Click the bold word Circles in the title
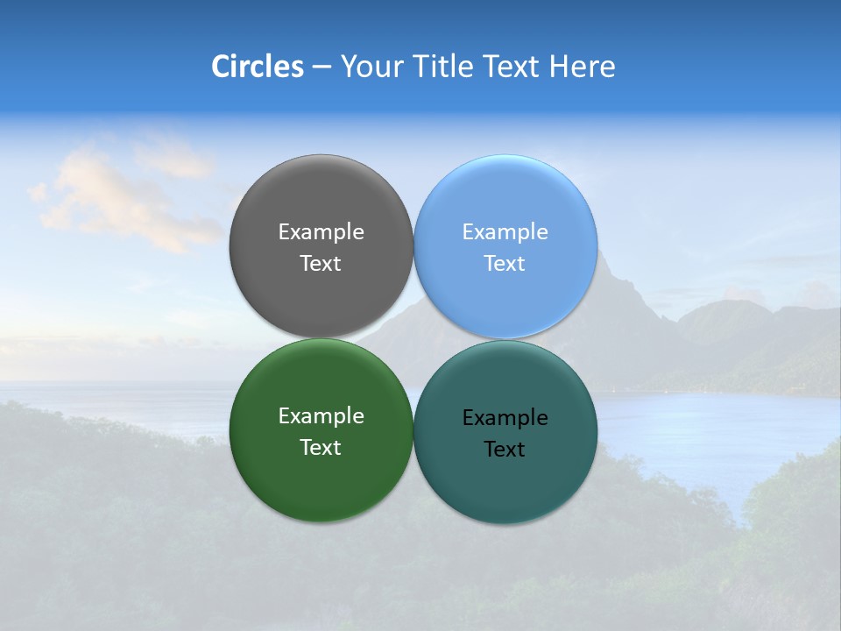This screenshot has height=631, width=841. point(258,67)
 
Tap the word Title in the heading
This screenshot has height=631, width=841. point(442,67)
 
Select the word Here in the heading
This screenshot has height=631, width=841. point(582,67)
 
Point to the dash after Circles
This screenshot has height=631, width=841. point(322,67)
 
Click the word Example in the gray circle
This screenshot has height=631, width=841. point(321,232)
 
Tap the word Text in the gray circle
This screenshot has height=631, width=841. point(321,264)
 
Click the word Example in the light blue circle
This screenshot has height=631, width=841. point(505,232)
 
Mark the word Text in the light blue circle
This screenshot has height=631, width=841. point(505,264)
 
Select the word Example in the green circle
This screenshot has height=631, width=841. point(321,416)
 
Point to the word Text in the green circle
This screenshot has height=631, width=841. point(321,448)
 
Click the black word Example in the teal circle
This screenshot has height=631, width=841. point(505,418)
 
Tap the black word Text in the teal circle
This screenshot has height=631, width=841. point(505,450)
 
